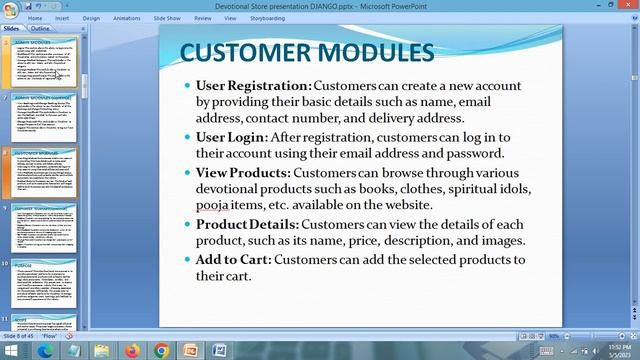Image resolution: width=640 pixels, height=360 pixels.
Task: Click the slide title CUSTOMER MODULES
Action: click(306, 52)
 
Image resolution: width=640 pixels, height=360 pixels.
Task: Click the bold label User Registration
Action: click(253, 86)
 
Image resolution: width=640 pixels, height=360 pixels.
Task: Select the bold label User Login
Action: click(231, 137)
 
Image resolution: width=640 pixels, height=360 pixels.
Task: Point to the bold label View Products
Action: click(243, 173)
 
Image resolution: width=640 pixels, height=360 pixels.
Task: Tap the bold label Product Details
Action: click(247, 225)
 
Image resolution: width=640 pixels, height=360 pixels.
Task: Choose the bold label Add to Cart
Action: click(233, 260)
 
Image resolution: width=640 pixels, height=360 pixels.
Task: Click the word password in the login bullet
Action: click(470, 153)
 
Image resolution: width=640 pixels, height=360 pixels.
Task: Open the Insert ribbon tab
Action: click(62, 18)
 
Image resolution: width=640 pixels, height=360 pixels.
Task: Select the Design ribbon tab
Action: click(91, 18)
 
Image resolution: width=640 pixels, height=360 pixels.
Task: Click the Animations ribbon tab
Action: click(127, 18)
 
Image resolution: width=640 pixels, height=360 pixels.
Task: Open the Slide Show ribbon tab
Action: click(167, 18)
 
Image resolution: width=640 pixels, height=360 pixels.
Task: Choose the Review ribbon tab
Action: click(203, 18)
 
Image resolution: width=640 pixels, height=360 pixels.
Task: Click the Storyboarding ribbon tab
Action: click(267, 18)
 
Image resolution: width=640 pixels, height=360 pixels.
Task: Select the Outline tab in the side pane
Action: click(39, 29)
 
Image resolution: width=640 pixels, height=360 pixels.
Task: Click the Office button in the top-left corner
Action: click(9, 9)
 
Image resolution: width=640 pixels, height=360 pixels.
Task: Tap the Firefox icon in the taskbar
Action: click(132, 350)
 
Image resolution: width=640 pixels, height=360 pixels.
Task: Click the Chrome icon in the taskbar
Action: click(162, 350)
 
